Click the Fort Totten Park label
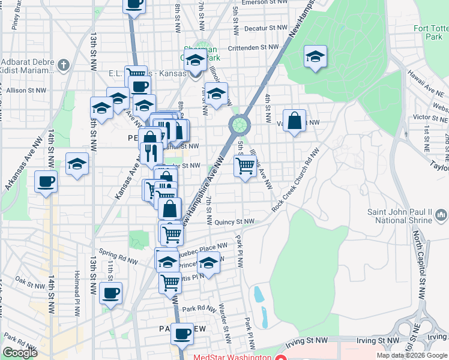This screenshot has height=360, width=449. [x=431, y=32]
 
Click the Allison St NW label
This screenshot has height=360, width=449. [x=25, y=90]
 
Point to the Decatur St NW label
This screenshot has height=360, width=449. [x=265, y=28]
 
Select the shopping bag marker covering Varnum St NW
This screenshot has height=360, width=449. [x=295, y=121]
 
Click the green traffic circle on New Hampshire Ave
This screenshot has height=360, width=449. [x=239, y=125]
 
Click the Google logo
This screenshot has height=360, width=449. [x=20, y=353]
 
